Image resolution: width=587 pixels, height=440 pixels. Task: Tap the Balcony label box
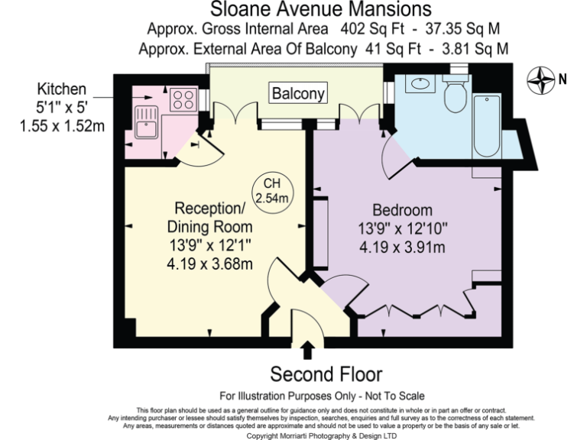click(297, 94)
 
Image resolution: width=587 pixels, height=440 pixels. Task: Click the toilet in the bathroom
click(455, 94)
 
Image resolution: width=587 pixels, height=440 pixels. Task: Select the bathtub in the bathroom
click(486, 126)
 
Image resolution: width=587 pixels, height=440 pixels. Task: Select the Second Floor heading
click(326, 374)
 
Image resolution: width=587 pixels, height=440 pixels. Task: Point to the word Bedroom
click(402, 210)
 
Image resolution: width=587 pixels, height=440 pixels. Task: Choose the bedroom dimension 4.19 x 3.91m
click(402, 247)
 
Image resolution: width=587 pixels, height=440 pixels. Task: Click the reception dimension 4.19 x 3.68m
click(210, 264)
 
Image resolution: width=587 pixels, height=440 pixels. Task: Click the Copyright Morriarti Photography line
click(322, 435)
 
